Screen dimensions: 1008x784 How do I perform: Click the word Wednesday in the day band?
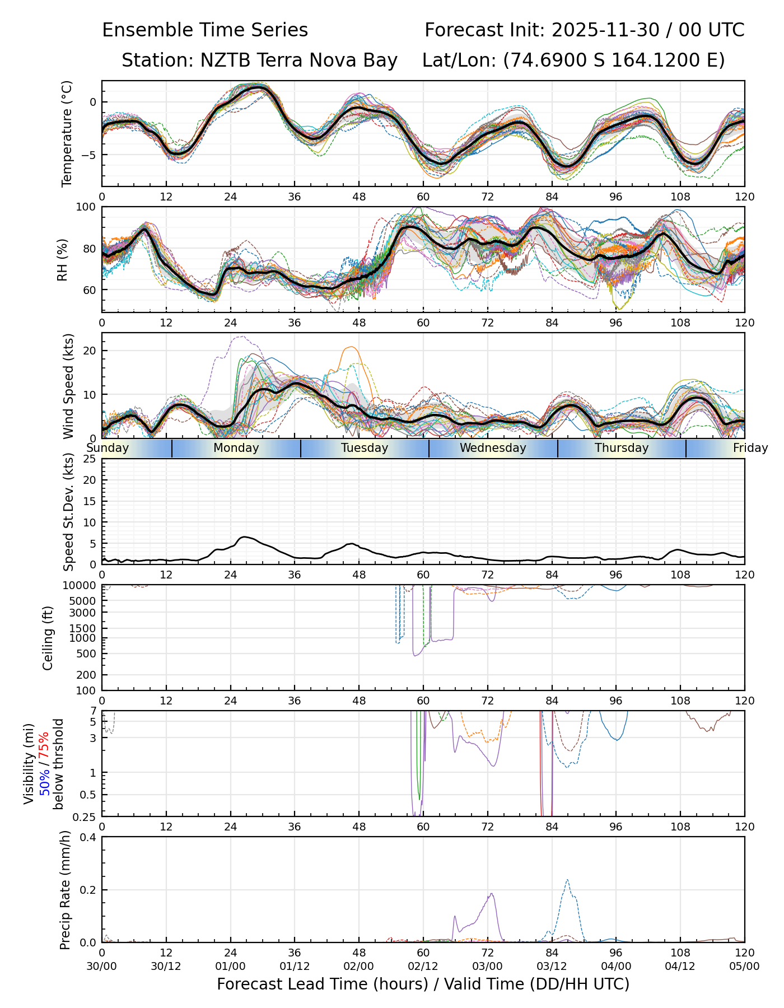(493, 448)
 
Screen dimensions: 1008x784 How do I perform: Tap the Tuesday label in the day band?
(365, 448)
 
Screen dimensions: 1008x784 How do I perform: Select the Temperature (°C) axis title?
(67, 133)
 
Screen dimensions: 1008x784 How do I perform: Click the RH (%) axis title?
(62, 259)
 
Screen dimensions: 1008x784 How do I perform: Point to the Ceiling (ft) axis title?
(48, 638)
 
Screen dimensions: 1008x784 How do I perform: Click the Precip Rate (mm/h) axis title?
(66, 890)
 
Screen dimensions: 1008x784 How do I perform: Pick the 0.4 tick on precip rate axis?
(88, 837)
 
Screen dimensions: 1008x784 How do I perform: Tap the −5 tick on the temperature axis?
(90, 155)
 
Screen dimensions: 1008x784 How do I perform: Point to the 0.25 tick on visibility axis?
(85, 816)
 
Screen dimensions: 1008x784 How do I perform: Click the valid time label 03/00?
(487, 967)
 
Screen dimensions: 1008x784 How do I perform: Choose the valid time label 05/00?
(744, 967)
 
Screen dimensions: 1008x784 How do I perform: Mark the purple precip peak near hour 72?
(491, 894)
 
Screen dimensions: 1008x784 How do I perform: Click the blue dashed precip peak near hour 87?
(567, 880)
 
